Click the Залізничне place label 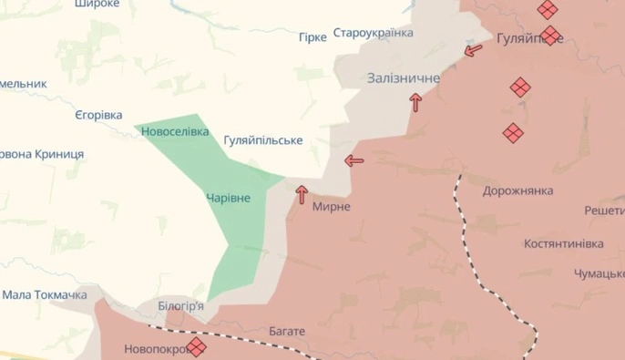(404, 78)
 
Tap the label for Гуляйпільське (262, 140)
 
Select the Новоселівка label (175, 132)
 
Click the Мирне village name (331, 207)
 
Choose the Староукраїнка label (373, 34)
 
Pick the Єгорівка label (98, 116)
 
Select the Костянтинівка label (564, 244)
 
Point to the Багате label (287, 331)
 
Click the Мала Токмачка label (45, 295)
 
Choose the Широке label (97, 5)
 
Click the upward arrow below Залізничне (415, 102)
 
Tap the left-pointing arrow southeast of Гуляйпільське (353, 161)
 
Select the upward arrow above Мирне (302, 193)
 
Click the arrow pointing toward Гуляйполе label (474, 50)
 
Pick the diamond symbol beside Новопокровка (196, 346)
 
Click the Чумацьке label (599, 273)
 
